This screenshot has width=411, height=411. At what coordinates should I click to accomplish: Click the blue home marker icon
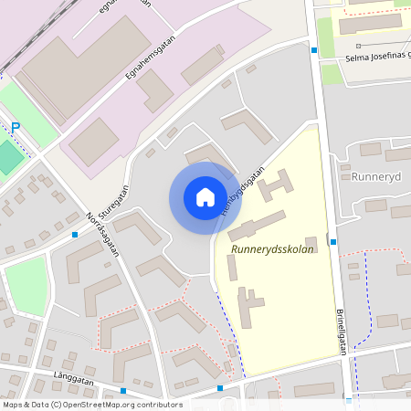205,197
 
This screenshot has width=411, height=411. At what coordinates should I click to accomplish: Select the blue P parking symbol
15,128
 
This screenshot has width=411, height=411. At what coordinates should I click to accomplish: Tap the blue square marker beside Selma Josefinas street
314,51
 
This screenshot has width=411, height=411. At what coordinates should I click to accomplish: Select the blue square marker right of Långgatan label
123,391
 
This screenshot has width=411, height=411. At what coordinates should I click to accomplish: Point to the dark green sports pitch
9,156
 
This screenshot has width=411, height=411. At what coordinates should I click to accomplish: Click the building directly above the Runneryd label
371,149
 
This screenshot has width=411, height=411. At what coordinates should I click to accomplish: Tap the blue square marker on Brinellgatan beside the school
333,242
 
